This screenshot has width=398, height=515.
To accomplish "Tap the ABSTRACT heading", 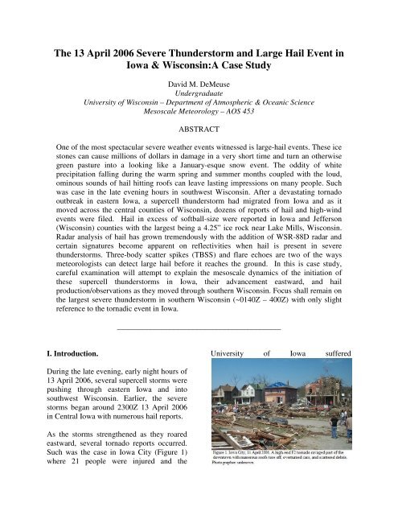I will [x=199, y=128].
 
